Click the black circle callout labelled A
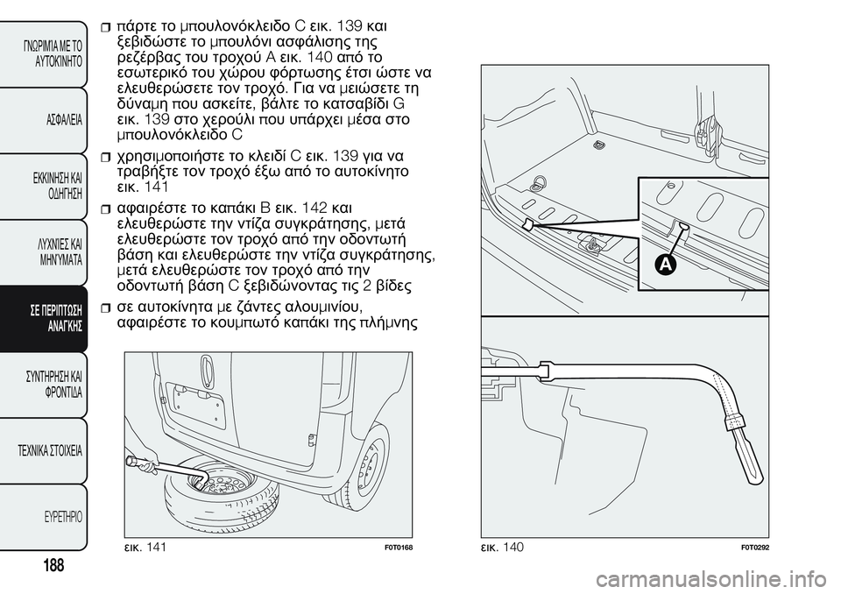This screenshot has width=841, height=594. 665,265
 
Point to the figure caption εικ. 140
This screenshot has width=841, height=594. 502,547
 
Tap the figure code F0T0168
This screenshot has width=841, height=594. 398,548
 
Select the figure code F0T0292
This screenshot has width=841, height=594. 755,548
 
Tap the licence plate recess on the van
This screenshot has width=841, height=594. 195,405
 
